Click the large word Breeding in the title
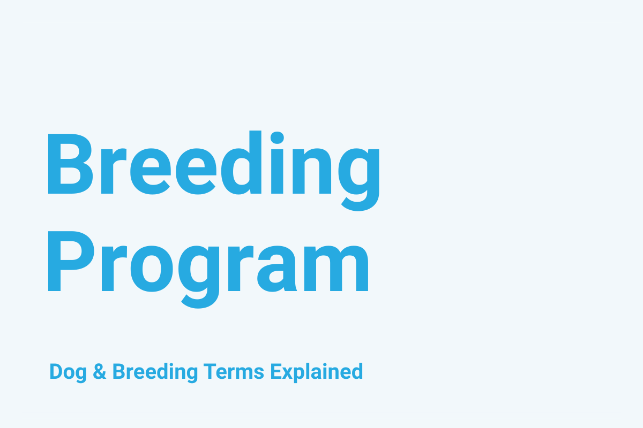213,163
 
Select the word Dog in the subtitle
68,372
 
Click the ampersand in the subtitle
100,372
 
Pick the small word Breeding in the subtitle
151,372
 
